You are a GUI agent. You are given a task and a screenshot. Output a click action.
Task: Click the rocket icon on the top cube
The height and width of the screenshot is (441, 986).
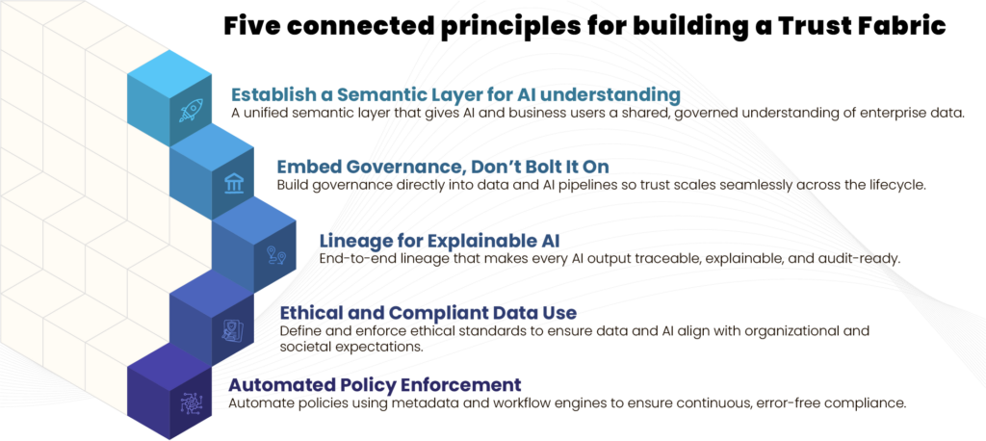coord(192,110)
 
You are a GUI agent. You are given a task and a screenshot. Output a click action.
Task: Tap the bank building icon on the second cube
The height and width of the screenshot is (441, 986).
coord(234,183)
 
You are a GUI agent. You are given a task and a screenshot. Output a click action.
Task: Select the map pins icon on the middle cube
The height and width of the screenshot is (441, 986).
coord(276,255)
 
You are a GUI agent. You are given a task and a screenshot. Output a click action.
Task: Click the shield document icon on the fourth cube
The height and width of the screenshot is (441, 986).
coord(233,329)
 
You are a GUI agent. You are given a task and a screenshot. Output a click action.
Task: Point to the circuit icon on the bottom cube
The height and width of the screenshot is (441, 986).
coord(192,402)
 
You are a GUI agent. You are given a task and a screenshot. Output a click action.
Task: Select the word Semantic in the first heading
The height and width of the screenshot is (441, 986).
coord(372,95)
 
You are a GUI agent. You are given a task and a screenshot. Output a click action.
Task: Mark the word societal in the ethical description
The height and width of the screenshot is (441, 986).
coord(304,347)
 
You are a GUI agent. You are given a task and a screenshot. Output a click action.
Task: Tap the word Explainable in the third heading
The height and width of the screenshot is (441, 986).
coord(487,241)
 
